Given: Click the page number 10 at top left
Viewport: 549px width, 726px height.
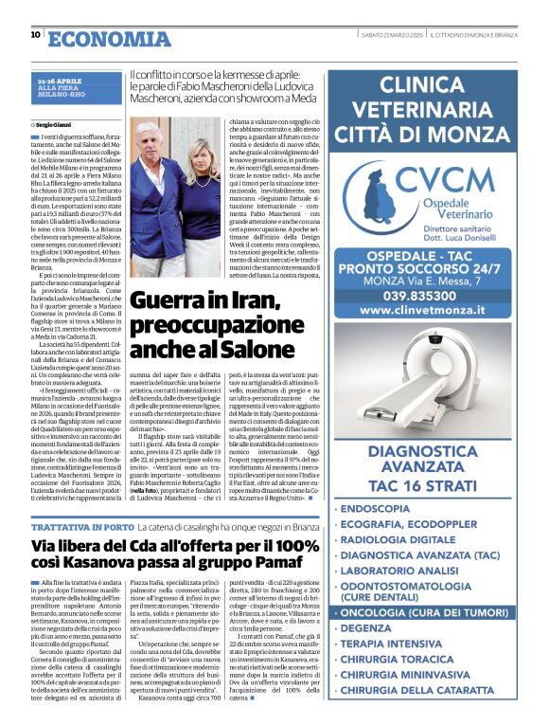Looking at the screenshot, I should point(35,35).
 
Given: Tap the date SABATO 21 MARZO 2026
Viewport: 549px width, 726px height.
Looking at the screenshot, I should point(390,35).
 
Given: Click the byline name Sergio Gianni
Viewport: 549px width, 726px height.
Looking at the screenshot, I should point(56,125).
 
